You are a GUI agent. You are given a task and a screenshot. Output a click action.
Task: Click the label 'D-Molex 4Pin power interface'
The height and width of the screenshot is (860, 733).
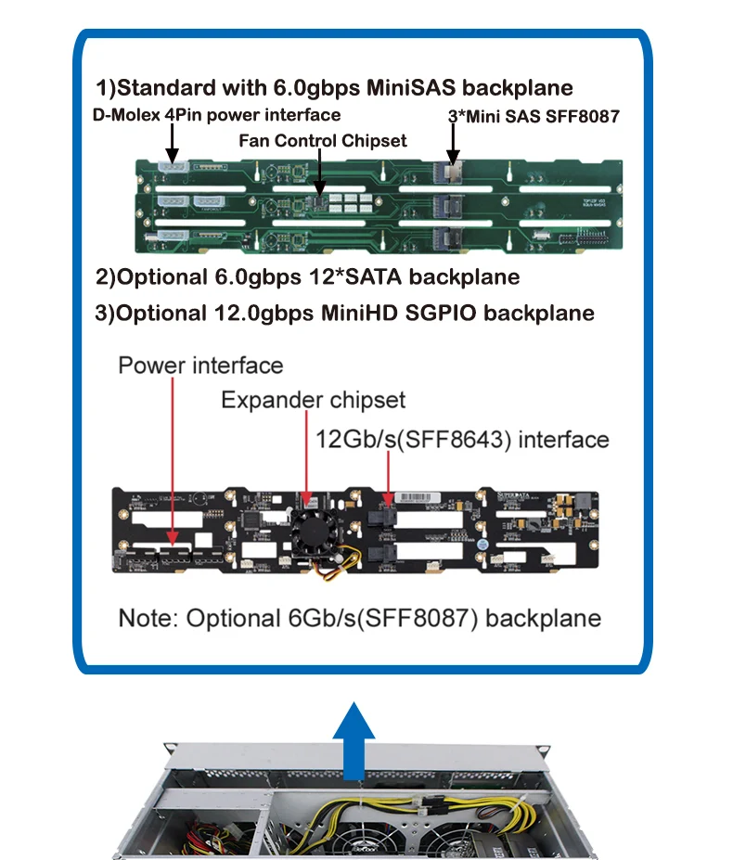216,115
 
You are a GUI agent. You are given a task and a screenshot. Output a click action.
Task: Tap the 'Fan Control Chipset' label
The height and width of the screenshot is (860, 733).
322,141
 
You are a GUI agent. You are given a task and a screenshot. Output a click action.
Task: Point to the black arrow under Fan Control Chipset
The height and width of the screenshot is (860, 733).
318,173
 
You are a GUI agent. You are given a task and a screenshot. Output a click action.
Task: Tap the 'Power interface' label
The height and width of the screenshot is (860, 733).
199,365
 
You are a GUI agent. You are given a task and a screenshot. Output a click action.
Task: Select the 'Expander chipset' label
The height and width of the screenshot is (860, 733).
313,400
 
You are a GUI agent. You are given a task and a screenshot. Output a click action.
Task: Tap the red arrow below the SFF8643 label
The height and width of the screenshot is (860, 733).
388,478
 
